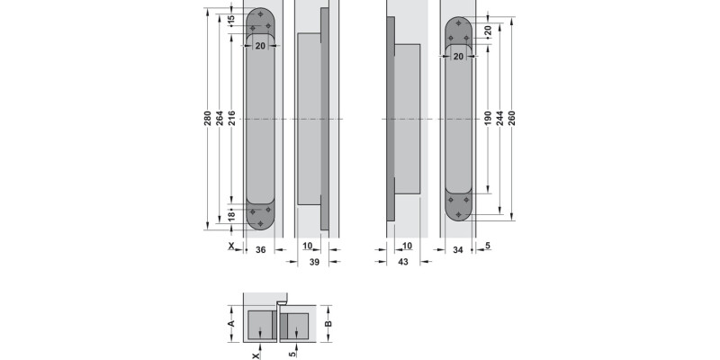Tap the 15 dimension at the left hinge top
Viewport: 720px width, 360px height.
[231, 19]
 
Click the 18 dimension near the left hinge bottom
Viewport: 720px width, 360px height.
[231, 216]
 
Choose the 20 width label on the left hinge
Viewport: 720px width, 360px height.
[260, 45]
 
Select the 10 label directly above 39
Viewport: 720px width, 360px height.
[307, 246]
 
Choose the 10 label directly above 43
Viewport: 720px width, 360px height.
[407, 246]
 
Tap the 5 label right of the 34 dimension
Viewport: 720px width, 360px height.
[487, 246]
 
